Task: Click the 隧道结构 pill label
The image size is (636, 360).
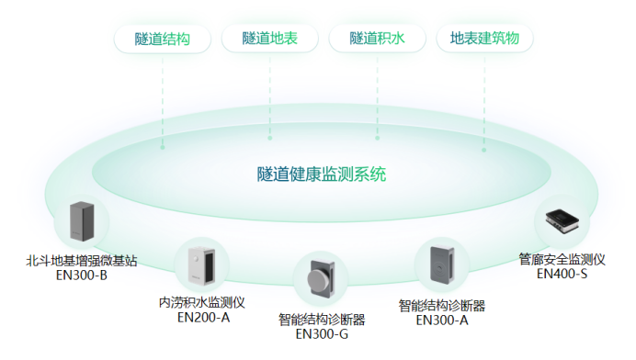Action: (x=162, y=39)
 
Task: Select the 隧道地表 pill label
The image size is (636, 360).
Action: (x=269, y=39)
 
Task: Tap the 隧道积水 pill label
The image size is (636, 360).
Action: (x=376, y=39)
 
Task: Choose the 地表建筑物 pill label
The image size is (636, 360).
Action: (x=484, y=39)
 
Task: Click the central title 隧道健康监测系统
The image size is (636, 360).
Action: (x=322, y=174)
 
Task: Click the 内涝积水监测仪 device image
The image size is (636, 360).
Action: (x=201, y=265)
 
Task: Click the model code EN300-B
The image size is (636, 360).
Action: (x=82, y=275)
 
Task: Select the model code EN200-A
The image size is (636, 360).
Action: (x=203, y=318)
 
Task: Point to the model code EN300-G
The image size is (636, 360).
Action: (x=322, y=334)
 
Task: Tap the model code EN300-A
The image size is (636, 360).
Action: (x=442, y=320)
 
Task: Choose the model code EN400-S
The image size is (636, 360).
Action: (x=562, y=274)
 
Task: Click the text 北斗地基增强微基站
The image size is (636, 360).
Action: (x=82, y=261)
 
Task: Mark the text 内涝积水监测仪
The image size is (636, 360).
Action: (x=202, y=303)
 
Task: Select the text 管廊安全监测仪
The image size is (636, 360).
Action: (x=562, y=260)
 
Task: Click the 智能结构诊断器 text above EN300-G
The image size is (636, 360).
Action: (x=322, y=320)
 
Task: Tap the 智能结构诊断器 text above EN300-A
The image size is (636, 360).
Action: (x=442, y=305)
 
